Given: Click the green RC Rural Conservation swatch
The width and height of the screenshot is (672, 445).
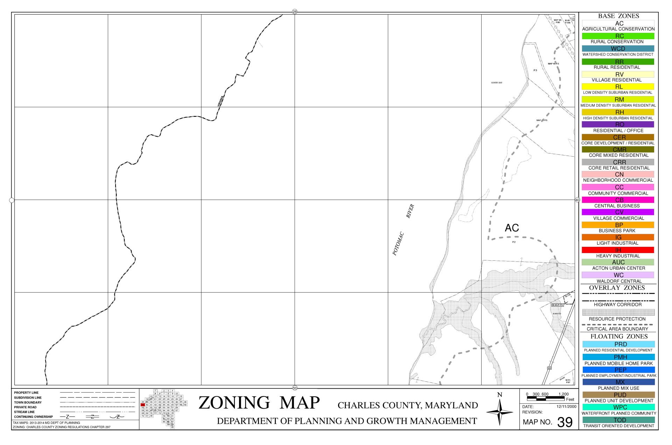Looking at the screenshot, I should [618, 36].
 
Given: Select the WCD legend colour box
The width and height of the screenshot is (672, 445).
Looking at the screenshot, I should [618, 49].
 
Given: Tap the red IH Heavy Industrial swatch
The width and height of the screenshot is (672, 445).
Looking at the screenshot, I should [618, 250].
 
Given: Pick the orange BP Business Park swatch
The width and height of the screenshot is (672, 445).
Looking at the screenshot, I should [618, 225].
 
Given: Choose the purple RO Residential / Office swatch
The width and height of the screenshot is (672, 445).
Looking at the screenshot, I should [618, 124].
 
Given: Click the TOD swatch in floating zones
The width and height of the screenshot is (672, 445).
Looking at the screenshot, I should [618, 420].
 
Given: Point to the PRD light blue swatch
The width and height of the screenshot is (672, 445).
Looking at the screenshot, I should [618, 344].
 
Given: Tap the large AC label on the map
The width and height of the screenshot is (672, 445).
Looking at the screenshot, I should [512, 228].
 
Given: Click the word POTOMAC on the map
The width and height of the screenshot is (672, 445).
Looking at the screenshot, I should [399, 244].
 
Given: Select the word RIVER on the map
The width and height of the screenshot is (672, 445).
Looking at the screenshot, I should [410, 211].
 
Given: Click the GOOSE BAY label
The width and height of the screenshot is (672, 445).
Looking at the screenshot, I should [497, 83].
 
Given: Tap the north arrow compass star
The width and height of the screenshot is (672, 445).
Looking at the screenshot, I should [500, 412].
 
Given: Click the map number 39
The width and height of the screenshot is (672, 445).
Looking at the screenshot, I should [565, 422].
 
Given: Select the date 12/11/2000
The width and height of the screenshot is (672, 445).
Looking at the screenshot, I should [566, 407].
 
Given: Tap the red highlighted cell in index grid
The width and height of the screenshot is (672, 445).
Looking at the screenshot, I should [143, 405].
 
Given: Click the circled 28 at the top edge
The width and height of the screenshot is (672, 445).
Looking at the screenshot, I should [294, 12].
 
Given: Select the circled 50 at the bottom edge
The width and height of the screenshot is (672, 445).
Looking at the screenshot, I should [294, 388].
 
